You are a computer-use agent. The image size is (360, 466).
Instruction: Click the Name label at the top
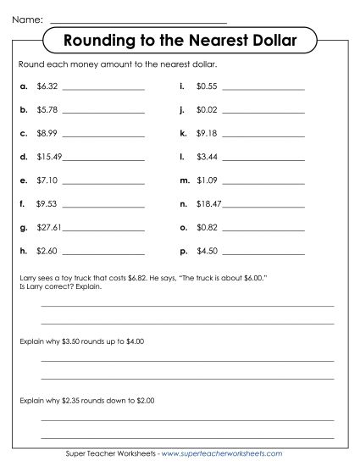coord(28,16)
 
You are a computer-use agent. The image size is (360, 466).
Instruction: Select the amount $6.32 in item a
coord(47,86)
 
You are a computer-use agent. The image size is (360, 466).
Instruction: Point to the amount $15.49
coord(48,157)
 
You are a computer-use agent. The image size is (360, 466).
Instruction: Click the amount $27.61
coord(48,228)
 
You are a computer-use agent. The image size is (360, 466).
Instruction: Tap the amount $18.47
coord(208,204)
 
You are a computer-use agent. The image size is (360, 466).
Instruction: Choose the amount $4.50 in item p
coord(207,252)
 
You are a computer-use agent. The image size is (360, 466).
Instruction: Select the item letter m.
coord(184,180)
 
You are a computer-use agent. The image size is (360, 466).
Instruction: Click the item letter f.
coord(21,204)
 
